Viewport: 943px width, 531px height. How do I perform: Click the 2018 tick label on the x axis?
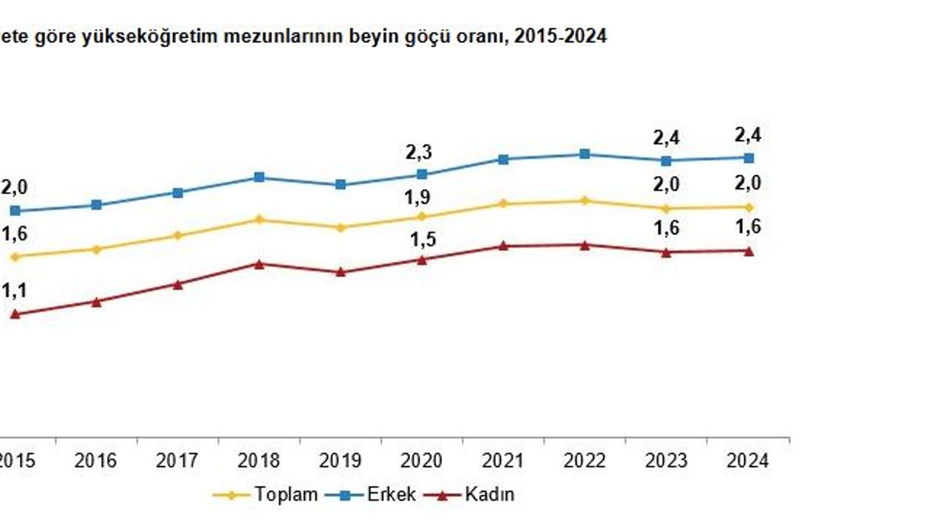(259, 461)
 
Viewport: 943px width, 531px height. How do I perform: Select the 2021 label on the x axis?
(502, 461)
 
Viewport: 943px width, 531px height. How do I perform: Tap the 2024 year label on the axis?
(747, 461)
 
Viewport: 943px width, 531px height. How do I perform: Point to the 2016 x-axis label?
(96, 461)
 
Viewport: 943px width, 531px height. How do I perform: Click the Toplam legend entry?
(286, 494)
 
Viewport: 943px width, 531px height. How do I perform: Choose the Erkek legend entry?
(390, 494)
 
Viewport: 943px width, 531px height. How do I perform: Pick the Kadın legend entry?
(489, 494)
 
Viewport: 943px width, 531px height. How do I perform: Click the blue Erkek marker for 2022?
(584, 154)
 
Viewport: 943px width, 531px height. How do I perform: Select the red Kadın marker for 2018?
(259, 263)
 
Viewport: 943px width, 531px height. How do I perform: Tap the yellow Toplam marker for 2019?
(340, 228)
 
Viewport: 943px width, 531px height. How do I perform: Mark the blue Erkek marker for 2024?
(749, 158)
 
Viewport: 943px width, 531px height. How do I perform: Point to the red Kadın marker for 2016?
(97, 301)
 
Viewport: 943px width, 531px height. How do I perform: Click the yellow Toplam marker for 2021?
(503, 204)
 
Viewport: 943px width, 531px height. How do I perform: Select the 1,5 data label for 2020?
(421, 239)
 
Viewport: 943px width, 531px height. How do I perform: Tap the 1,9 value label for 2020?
(418, 198)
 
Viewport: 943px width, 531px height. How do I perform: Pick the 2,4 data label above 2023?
(666, 138)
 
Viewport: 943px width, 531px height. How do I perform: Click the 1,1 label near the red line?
(13, 291)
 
